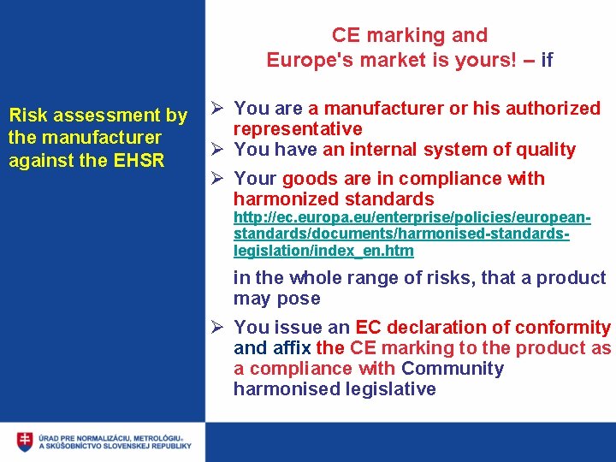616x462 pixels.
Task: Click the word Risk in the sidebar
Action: point(26,115)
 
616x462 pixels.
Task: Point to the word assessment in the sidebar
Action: point(106,115)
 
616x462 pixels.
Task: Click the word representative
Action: point(298,129)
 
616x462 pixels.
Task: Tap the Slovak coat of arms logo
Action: point(25,441)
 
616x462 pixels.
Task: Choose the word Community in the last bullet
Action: point(453,369)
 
